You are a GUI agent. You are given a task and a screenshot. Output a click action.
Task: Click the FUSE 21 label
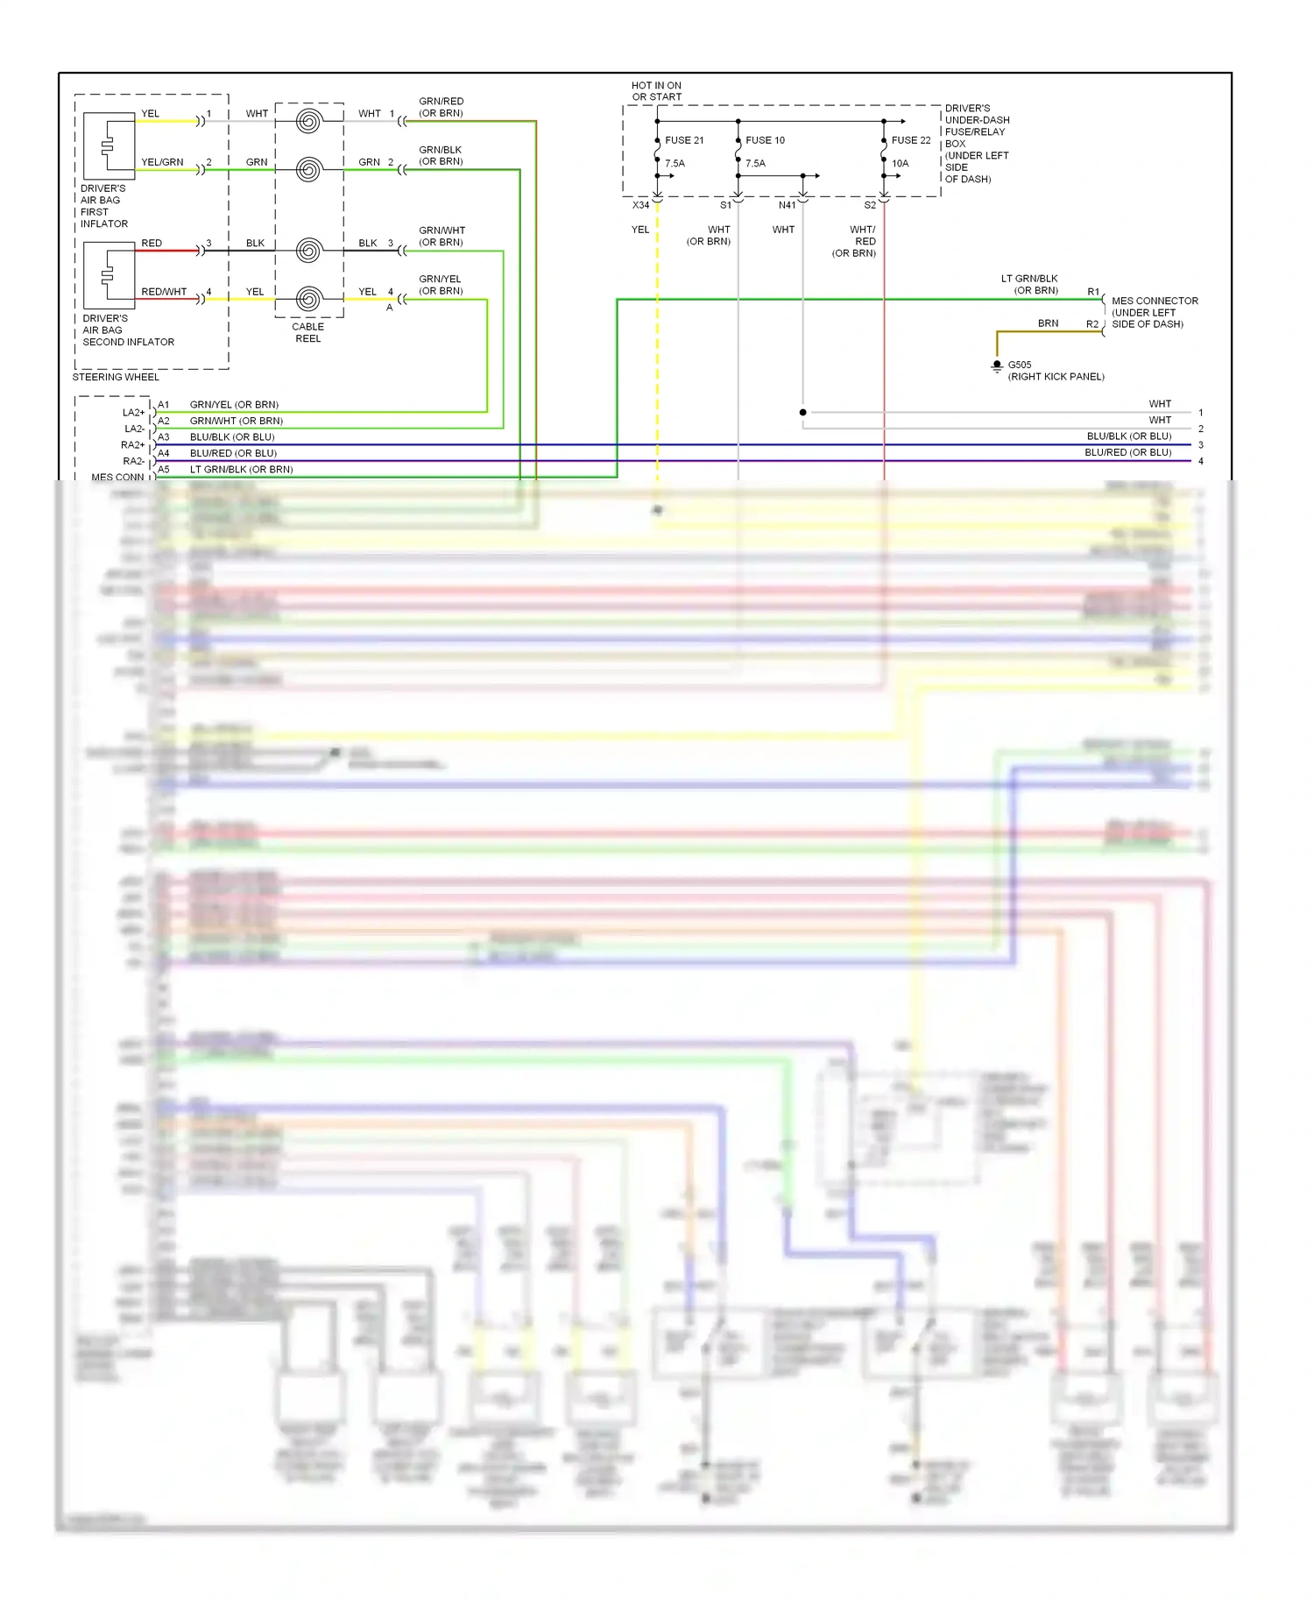[x=683, y=140]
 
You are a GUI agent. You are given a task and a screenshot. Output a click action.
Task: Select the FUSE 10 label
[x=765, y=140]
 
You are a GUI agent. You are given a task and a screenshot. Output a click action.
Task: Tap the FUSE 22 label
[x=911, y=140]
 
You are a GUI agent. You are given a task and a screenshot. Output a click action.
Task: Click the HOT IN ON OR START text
[x=656, y=91]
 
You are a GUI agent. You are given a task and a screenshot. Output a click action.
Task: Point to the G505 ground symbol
[x=997, y=366]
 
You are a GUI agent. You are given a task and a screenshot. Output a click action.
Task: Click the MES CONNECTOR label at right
[x=1154, y=312]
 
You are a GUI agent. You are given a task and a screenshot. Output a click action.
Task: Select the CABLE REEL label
[x=307, y=332]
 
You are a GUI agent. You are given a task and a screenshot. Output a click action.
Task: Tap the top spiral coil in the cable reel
[x=308, y=121]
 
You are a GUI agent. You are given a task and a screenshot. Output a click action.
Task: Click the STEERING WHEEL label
[x=116, y=378]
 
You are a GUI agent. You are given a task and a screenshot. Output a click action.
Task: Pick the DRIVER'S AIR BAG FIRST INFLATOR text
[x=104, y=206]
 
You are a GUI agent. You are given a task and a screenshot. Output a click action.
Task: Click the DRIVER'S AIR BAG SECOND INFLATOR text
[x=128, y=330]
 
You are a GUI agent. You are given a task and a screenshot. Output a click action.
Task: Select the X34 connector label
[x=641, y=205]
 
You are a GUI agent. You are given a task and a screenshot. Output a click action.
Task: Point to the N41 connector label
[x=787, y=205]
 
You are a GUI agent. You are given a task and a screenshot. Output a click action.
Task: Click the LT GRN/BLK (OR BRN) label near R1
[x=1030, y=285]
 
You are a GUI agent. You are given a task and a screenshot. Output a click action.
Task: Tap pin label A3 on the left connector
[x=164, y=436]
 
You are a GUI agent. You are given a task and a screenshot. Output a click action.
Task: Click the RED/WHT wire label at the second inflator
[x=164, y=292]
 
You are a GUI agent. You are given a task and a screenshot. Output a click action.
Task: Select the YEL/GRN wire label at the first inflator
[x=162, y=162]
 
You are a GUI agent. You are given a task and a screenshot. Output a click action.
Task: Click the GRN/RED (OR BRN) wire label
[x=441, y=107]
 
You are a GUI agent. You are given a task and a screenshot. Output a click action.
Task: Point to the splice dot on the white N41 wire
[x=803, y=412]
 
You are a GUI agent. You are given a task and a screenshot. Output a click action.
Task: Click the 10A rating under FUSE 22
[x=900, y=164]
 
